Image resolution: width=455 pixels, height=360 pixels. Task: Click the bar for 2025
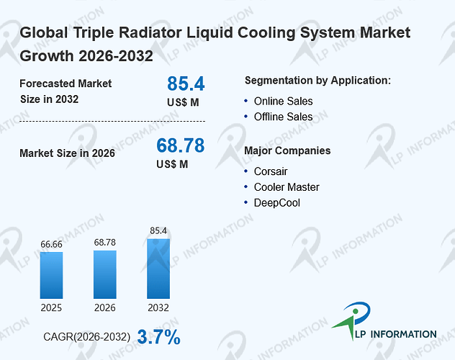[x=51, y=275]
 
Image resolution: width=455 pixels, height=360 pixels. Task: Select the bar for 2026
[x=105, y=274]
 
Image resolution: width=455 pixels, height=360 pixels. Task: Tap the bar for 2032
[x=158, y=269]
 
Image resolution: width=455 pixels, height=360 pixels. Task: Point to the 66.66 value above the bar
[x=51, y=244]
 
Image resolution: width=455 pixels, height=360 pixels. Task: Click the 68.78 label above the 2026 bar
[x=105, y=242]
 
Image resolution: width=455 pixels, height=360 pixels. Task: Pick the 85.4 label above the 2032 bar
[x=158, y=230]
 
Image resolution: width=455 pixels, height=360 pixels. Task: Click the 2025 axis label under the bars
[x=51, y=307]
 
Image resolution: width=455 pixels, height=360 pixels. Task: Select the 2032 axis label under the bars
[x=158, y=307]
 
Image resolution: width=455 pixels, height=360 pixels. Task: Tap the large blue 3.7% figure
[x=158, y=337]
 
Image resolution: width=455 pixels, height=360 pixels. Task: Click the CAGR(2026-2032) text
[x=87, y=337]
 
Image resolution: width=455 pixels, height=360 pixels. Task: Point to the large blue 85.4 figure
[x=186, y=84]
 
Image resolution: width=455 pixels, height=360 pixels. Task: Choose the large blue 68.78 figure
[x=181, y=145]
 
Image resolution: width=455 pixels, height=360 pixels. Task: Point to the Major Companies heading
[x=287, y=150]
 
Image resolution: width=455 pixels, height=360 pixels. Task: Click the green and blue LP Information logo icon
[x=352, y=320]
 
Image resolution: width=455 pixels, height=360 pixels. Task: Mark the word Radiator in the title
[x=150, y=32]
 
